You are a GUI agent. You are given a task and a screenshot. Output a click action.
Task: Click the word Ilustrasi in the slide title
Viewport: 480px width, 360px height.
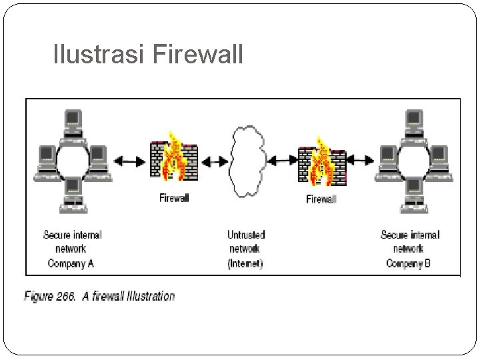pyautogui.click(x=100, y=55)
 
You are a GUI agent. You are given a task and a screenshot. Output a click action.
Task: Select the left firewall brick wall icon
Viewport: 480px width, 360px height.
pyautogui.click(x=174, y=161)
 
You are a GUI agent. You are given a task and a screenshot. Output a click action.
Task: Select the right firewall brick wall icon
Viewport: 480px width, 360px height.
pyautogui.click(x=321, y=162)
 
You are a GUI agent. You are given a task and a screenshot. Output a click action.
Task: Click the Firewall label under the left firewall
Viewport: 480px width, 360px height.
pyautogui.click(x=174, y=197)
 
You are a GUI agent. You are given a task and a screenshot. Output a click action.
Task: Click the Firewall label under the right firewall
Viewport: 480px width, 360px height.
pyautogui.click(x=321, y=199)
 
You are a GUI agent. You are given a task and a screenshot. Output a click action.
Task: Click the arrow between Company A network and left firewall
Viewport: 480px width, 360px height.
pyautogui.click(x=129, y=161)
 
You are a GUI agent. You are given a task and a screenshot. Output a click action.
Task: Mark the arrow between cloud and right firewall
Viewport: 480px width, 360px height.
pyautogui.click(x=283, y=160)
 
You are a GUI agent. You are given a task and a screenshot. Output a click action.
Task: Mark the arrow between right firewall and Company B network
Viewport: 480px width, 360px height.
pyautogui.click(x=361, y=160)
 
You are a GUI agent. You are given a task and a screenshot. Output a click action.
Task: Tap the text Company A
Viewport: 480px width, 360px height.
pyautogui.click(x=71, y=263)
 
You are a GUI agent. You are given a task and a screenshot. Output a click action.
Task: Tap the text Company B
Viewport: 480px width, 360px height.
pyautogui.click(x=409, y=263)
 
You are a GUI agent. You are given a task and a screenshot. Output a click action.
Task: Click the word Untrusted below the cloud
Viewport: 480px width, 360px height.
pyautogui.click(x=246, y=235)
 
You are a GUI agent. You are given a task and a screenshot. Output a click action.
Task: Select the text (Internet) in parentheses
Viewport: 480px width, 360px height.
pyautogui.click(x=245, y=263)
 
